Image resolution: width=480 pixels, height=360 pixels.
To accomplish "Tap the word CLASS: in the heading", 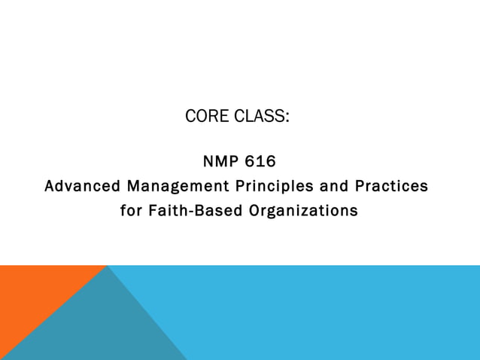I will [x=259, y=117].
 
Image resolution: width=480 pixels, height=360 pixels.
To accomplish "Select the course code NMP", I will [x=220, y=161].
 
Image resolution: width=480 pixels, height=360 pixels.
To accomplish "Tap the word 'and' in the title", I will [x=325, y=185].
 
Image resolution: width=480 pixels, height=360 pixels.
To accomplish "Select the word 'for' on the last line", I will [x=131, y=211].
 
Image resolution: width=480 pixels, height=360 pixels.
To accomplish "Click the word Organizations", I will [x=303, y=211].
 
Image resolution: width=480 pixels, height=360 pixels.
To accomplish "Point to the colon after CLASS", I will [x=287, y=118].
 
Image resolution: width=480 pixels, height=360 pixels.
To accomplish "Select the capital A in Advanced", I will [x=50, y=185].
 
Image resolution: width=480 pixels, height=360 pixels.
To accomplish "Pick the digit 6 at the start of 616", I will [x=250, y=161].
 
